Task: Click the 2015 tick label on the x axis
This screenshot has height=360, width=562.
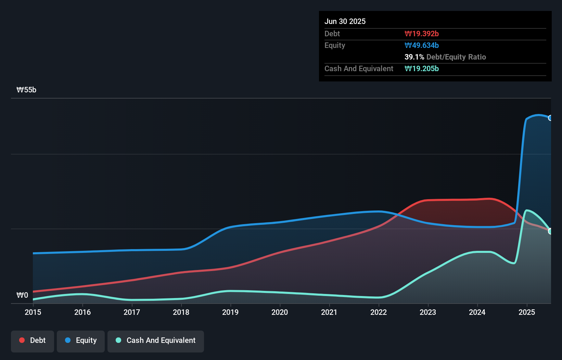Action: click(33, 312)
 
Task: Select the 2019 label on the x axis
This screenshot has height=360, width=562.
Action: click(230, 312)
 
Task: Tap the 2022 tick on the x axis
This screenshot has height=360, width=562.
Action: click(379, 312)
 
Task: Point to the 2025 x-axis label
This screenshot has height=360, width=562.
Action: click(527, 312)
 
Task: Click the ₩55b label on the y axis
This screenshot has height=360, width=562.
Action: click(26, 90)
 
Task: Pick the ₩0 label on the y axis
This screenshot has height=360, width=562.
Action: click(22, 295)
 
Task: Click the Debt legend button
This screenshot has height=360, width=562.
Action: click(33, 340)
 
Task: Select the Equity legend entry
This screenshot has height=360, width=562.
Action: click(81, 340)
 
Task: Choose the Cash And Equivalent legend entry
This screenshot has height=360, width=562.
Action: click(156, 340)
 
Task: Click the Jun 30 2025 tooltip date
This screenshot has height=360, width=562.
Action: click(345, 21)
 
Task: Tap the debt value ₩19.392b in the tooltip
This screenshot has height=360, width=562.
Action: click(422, 34)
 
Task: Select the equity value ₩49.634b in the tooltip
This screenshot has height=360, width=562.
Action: click(422, 45)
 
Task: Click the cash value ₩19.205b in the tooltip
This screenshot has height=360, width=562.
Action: click(422, 68)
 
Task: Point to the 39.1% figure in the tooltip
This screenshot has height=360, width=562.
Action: click(414, 57)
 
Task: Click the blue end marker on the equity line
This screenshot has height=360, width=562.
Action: click(550, 118)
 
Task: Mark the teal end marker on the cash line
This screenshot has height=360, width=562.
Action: click(550, 231)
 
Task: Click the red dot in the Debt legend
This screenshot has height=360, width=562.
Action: click(22, 340)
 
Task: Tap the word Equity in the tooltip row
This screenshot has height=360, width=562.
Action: click(335, 45)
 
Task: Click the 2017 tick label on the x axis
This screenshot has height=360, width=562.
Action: click(132, 312)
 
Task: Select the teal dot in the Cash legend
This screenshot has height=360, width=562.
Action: click(118, 340)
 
